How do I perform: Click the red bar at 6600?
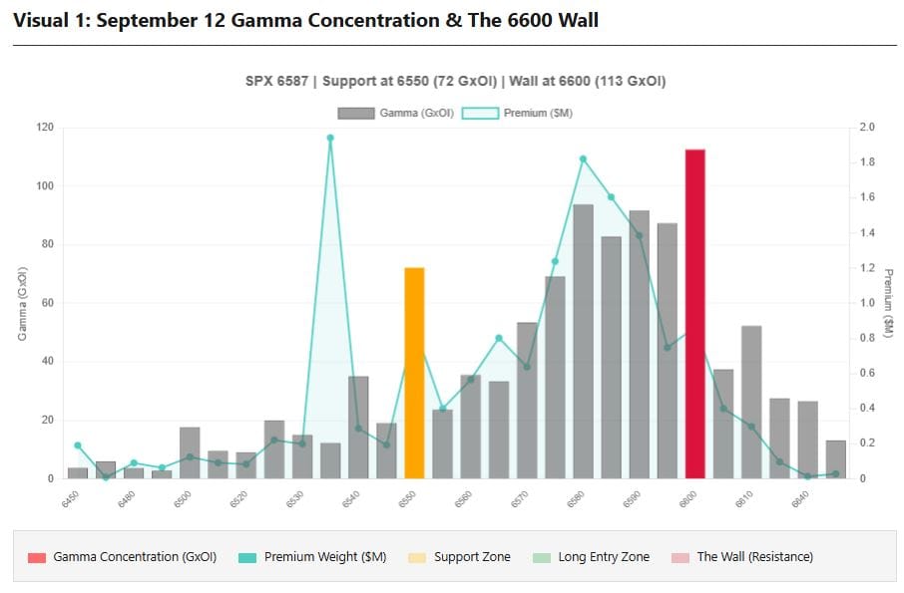[694, 314]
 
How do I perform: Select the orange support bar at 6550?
[414, 373]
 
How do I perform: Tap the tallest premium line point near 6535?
[330, 138]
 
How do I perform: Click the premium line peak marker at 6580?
[583, 158]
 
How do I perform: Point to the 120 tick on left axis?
[45, 128]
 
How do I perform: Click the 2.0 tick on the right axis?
[866, 128]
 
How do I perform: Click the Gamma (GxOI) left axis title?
[22, 303]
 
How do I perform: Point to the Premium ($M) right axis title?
[887, 303]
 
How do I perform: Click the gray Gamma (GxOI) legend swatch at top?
[355, 114]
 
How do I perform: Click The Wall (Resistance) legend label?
[754, 557]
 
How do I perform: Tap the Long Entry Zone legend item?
[604, 557]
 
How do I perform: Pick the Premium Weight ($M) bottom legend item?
[325, 557]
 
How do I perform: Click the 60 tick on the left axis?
[48, 303]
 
